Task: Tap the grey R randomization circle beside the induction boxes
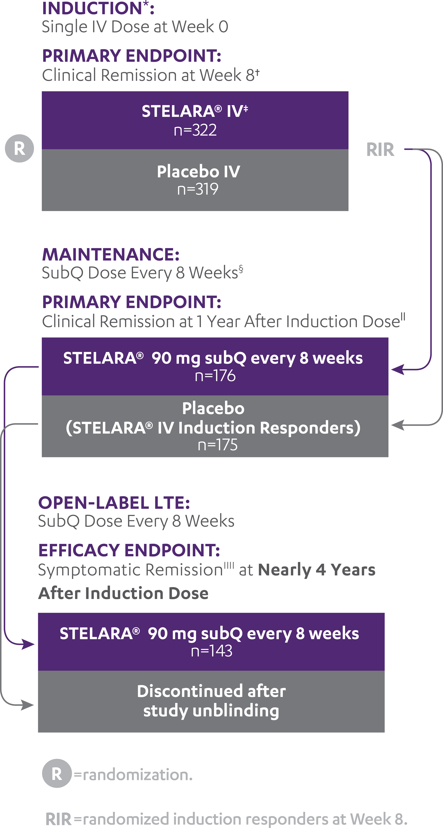[19, 149]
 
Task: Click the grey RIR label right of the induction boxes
[380, 150]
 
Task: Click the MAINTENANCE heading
[111, 255]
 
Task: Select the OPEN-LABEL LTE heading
[114, 503]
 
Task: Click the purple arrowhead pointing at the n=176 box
[398, 370]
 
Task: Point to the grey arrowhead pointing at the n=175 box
[398, 425]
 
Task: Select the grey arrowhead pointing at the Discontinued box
[28, 705]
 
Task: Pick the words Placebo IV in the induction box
[198, 171]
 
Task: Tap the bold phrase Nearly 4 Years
[317, 570]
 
